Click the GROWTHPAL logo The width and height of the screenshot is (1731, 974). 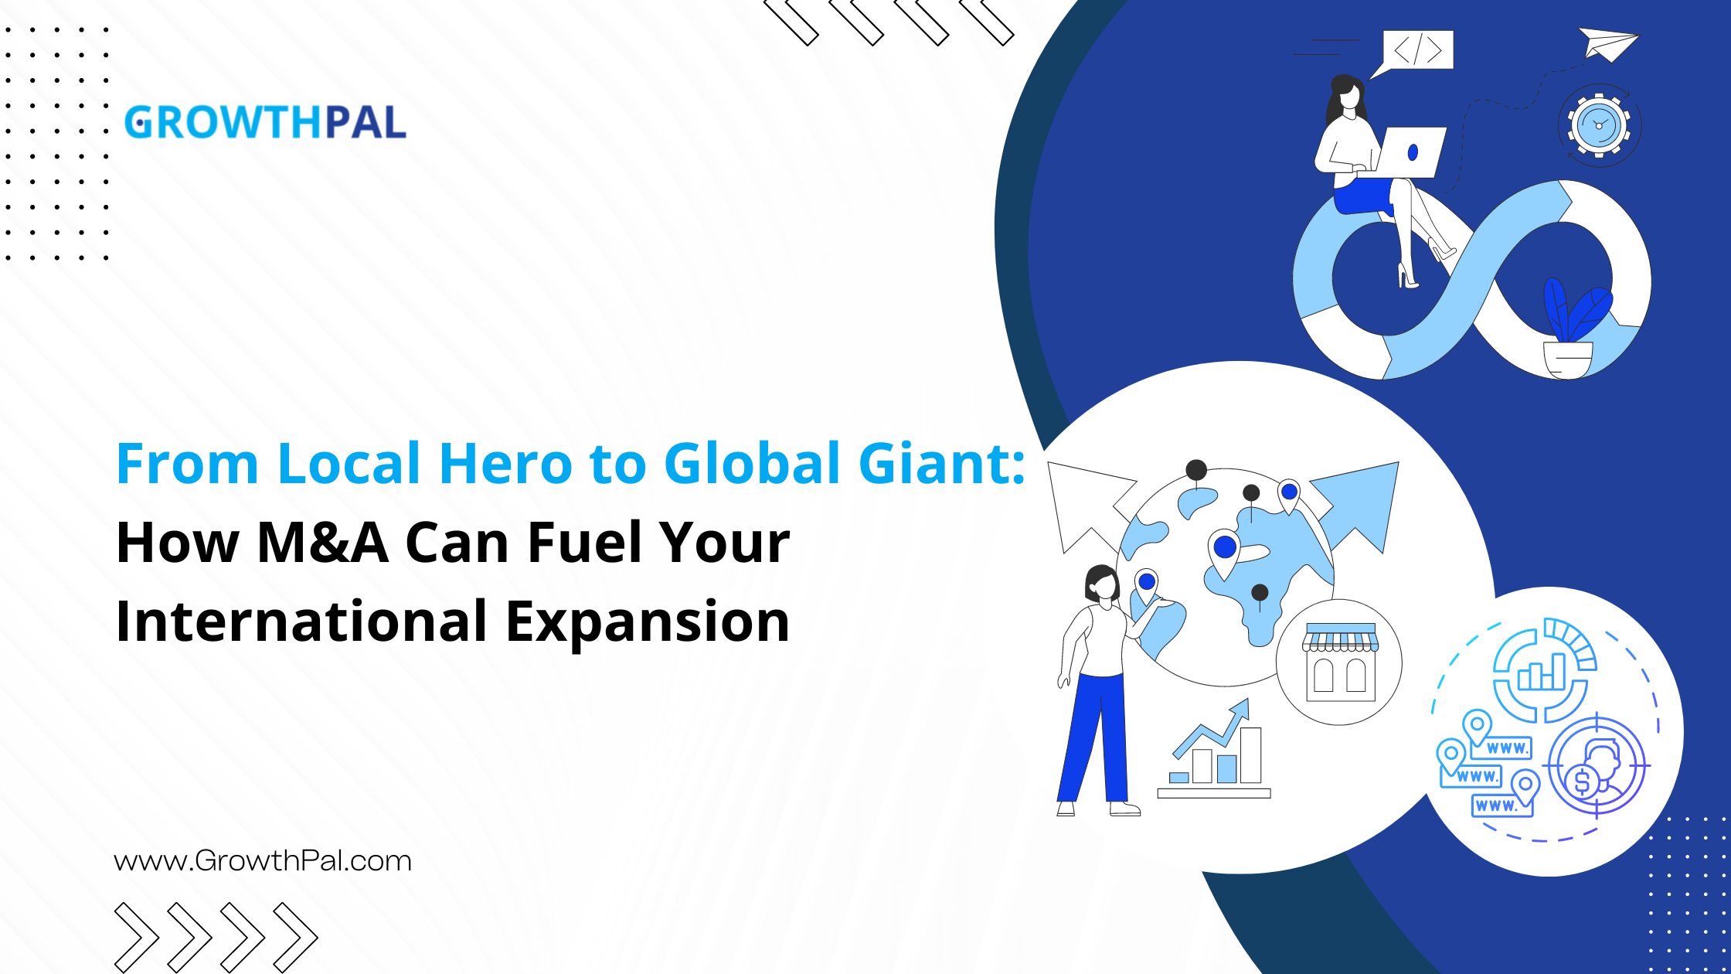pos(265,123)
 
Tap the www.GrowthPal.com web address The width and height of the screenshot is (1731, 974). pos(263,860)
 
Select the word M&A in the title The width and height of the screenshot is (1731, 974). pos(322,543)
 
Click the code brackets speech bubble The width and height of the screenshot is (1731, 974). pos(1417,50)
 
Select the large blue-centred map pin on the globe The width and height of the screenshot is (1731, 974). pos(1225,550)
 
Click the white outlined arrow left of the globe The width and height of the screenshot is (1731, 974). pos(1086,502)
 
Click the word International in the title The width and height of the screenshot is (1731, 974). pos(301,622)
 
